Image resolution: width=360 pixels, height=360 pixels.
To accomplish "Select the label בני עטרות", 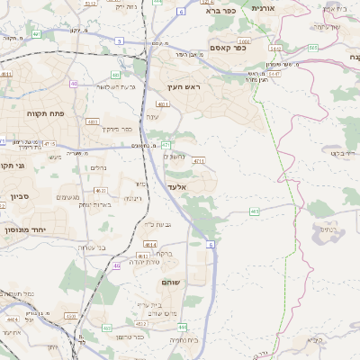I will pos(91,247).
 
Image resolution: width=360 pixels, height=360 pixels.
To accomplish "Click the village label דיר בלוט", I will pos(342,152).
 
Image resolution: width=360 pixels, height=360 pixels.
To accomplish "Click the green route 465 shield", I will pos(255,211).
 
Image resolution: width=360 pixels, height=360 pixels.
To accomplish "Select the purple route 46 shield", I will pos(117,265).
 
